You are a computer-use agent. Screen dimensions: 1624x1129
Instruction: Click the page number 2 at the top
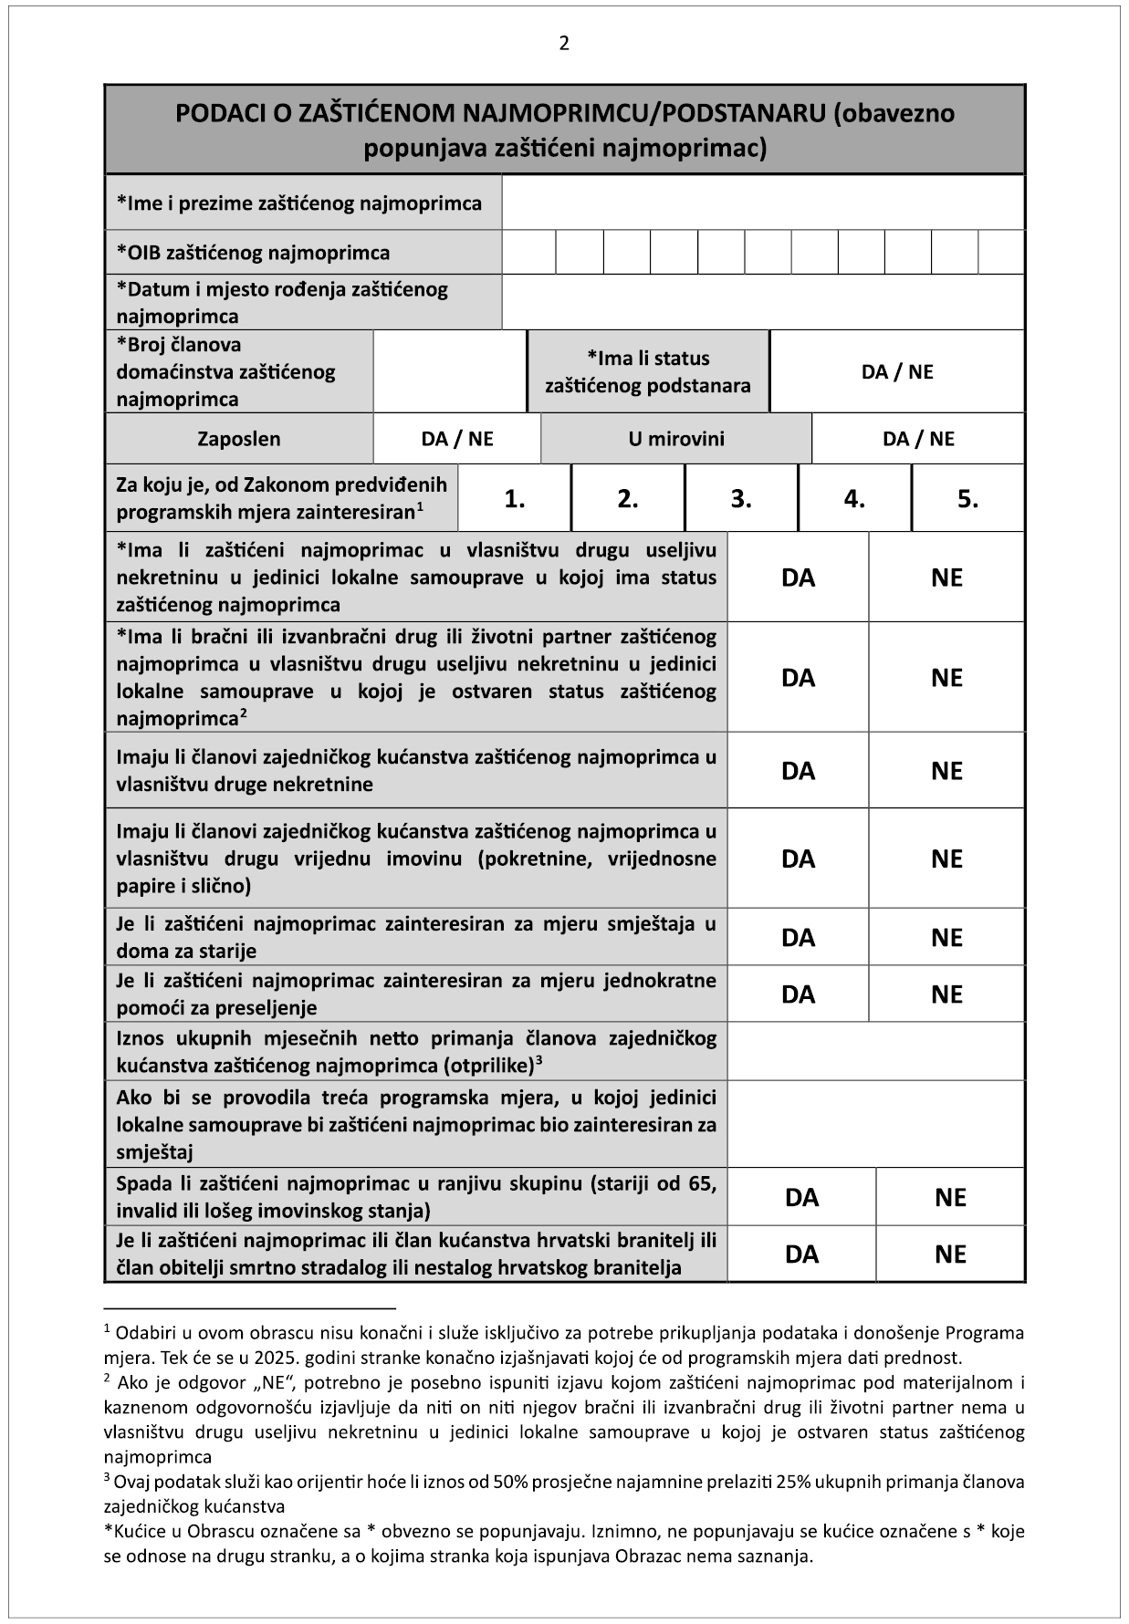point(564,43)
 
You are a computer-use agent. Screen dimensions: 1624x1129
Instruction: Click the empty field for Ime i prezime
point(762,203)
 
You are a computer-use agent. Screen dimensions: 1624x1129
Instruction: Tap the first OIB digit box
point(528,253)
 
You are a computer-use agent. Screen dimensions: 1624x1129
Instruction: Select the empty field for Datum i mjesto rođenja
point(762,303)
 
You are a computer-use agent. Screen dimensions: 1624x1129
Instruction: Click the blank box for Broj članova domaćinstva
point(450,371)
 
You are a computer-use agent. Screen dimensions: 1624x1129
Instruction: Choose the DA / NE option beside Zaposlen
point(456,439)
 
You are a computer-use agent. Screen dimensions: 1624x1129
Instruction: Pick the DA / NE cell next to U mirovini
point(917,439)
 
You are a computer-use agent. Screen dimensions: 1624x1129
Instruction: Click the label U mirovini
point(675,439)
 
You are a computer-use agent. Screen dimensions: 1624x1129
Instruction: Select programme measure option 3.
point(741,499)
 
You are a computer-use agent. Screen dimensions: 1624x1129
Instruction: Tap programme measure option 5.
point(967,499)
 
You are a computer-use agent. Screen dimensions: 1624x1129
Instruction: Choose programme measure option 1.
point(515,499)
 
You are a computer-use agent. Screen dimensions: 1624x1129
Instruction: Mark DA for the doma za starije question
point(798,938)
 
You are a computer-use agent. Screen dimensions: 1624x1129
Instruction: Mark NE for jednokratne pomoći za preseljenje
point(946,994)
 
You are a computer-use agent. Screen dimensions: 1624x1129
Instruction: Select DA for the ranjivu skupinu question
point(801,1198)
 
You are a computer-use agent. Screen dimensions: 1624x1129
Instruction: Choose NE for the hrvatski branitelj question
point(950,1254)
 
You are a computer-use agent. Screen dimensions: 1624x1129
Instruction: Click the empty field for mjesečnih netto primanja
point(875,1051)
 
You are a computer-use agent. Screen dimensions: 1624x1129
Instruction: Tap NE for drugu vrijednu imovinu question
point(946,859)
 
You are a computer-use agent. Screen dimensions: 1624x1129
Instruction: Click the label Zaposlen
point(239,439)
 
